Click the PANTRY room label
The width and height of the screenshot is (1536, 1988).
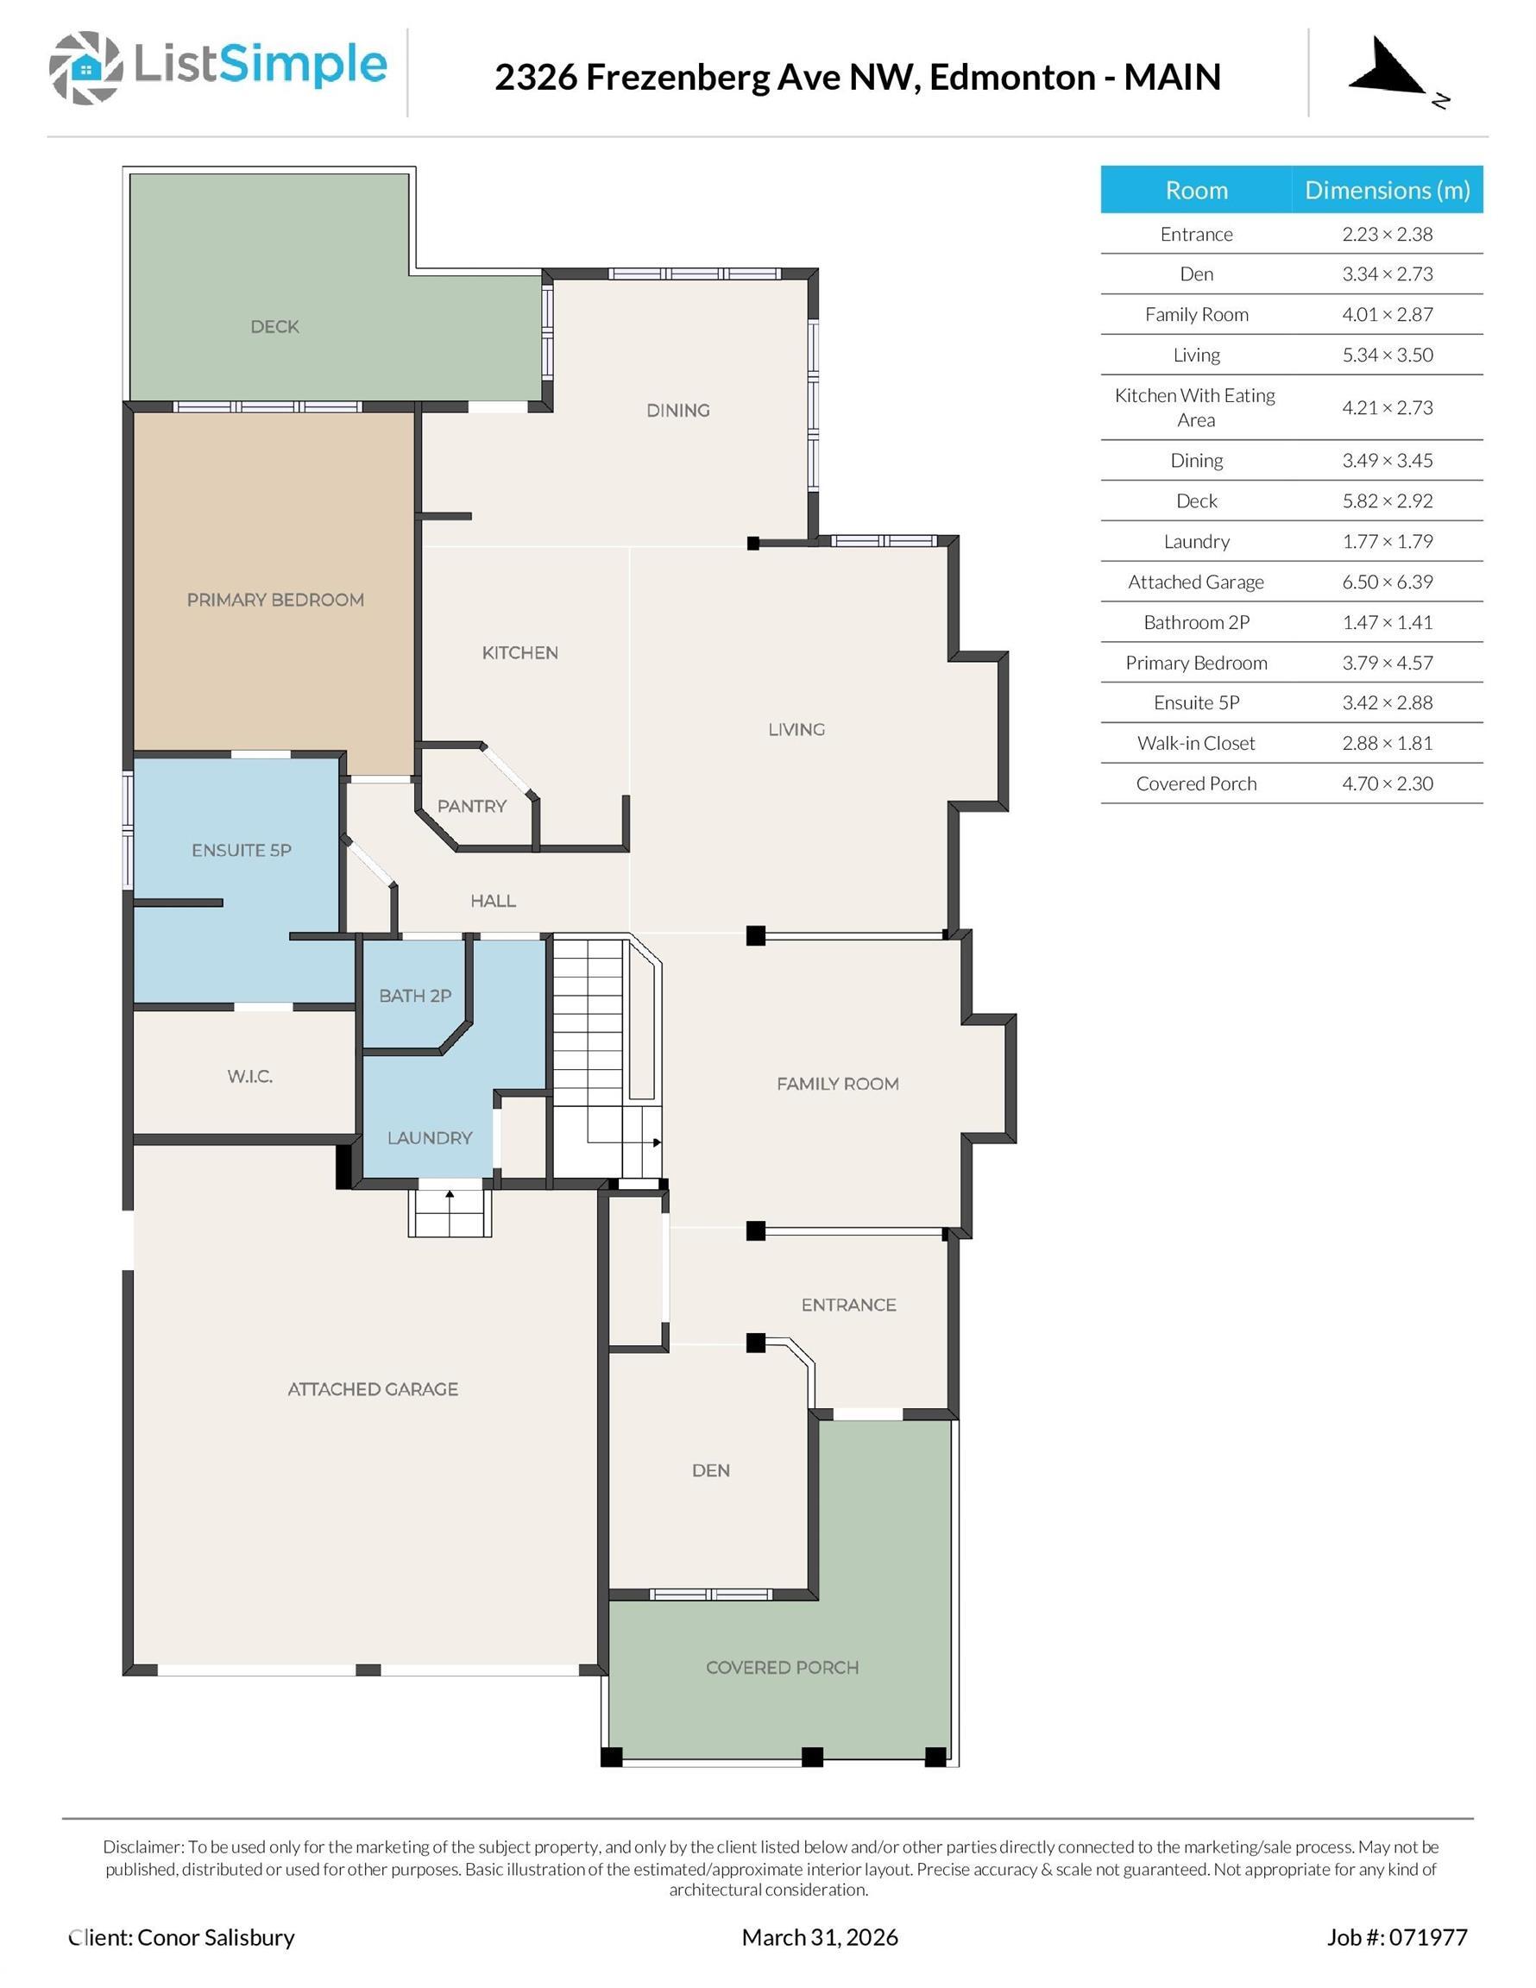[x=472, y=806]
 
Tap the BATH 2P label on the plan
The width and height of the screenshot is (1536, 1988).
[x=415, y=996]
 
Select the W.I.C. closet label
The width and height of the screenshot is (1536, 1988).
[x=249, y=1076]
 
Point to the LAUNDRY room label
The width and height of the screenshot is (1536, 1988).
[x=430, y=1138]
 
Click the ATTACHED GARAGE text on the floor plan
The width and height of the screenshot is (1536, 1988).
[x=373, y=1389]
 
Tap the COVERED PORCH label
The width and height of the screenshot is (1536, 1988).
[x=782, y=1668]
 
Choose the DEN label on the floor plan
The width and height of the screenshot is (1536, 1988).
[x=710, y=1471]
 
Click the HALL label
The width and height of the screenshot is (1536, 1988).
[x=493, y=901]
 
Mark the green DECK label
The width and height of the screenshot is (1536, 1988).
[x=275, y=327]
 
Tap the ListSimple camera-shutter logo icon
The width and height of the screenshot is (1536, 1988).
[x=85, y=67]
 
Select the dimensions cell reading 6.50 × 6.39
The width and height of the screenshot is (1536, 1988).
[x=1387, y=582]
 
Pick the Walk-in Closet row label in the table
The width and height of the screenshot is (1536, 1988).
[x=1195, y=743]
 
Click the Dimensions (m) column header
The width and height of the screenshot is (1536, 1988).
[x=1387, y=189]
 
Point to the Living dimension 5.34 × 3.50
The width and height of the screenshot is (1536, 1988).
[x=1387, y=355]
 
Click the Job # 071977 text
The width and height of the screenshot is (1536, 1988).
[x=1397, y=1937]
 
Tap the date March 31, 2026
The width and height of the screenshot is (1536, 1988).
[x=820, y=1937]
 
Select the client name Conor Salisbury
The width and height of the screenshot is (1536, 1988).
[x=216, y=1937]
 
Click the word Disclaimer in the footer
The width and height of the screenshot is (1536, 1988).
[x=143, y=1846]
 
